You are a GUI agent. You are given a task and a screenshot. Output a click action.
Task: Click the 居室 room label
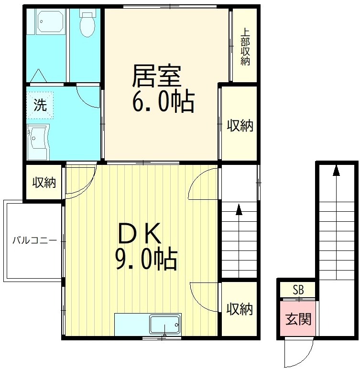tap(156, 76)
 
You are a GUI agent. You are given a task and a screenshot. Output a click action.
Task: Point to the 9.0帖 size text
tap(146, 260)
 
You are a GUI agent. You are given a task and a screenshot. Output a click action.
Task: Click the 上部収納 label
tap(245, 47)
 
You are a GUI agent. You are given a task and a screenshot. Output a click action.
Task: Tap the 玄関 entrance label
tap(298, 318)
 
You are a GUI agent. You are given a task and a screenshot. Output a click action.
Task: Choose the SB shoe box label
tap(298, 290)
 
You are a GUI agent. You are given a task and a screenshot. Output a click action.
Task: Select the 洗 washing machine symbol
tap(40, 105)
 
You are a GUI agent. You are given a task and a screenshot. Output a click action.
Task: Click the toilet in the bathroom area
tap(87, 24)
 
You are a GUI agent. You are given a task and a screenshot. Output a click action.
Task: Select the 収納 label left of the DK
tap(44, 182)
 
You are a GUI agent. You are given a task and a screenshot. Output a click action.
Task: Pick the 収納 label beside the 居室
tap(240, 126)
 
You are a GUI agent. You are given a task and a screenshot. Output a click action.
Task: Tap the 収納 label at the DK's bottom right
tap(240, 309)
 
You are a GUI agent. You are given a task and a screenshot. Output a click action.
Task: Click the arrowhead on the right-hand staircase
tap(337, 170)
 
